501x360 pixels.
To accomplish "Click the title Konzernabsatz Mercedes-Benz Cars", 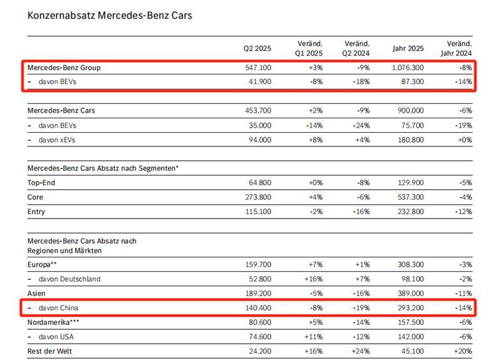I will [110, 15].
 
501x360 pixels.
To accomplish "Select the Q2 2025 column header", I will [257, 49].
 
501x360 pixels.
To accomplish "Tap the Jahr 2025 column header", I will [408, 49].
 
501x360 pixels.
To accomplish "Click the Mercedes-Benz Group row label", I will [64, 68].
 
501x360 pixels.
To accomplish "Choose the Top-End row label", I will [41, 182].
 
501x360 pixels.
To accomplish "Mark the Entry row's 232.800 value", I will [409, 212].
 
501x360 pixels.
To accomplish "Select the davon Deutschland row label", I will [70, 279].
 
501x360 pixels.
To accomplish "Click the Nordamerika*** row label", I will [53, 322].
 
